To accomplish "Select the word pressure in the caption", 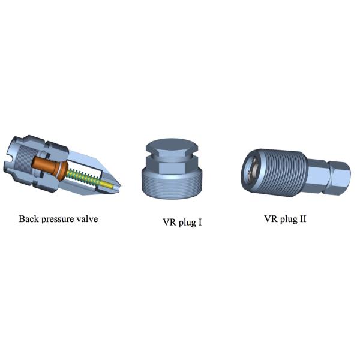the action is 58,220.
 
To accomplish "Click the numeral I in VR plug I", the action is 200,222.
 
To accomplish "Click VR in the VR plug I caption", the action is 169,222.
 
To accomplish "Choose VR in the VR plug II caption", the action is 271,219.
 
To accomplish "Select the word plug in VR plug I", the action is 187,223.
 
